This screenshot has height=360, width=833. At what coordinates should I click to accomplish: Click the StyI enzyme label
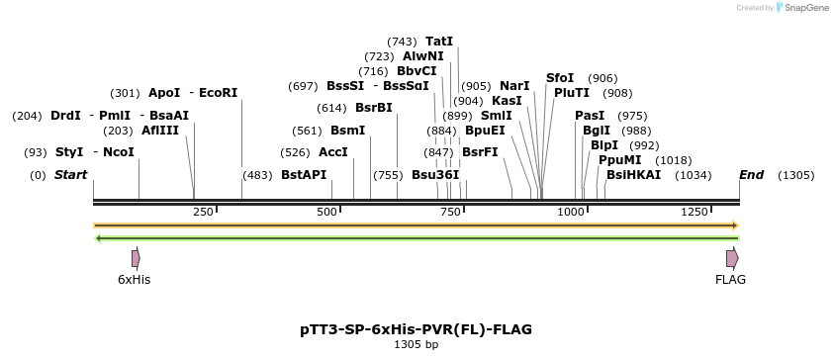pyautogui.click(x=69, y=152)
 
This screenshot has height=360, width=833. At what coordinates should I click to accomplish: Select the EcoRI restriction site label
pyautogui.click(x=219, y=93)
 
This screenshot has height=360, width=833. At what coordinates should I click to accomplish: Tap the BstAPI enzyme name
pyautogui.click(x=304, y=175)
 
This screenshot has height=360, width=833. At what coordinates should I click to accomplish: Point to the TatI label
pyautogui.click(x=438, y=42)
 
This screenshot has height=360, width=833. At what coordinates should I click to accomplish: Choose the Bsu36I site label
pyautogui.click(x=435, y=175)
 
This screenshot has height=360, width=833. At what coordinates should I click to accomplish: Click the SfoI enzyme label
pyautogui.click(x=560, y=78)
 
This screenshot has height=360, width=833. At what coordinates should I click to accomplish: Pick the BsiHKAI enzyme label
pyautogui.click(x=633, y=175)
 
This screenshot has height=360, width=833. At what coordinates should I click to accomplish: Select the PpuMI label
pyautogui.click(x=619, y=160)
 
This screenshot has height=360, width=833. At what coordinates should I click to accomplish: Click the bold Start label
pyautogui.click(x=71, y=175)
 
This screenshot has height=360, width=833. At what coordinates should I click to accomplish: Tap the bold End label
pyautogui.click(x=752, y=175)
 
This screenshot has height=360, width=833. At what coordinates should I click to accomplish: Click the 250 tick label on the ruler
pyautogui.click(x=205, y=213)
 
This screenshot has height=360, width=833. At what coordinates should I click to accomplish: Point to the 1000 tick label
pyautogui.click(x=572, y=213)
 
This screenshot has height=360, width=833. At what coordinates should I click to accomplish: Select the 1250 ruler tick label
pyautogui.click(x=695, y=213)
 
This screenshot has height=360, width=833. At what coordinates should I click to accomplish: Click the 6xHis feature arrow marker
pyautogui.click(x=136, y=258)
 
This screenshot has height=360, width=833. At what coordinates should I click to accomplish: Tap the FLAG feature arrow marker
pyautogui.click(x=732, y=258)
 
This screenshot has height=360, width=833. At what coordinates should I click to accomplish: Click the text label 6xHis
pyautogui.click(x=135, y=280)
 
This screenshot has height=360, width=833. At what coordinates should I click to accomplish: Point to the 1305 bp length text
pyautogui.click(x=416, y=345)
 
